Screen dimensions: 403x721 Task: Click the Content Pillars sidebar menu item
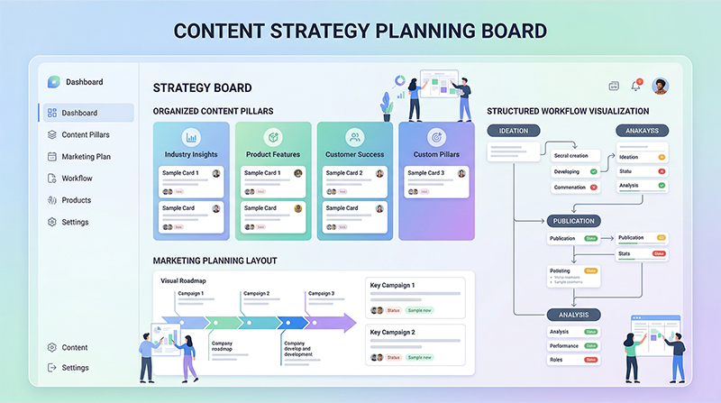tap(86, 135)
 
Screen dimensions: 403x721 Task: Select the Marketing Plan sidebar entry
tap(86, 157)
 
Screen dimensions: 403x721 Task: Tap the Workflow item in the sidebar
tap(77, 179)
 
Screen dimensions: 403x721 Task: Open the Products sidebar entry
tap(77, 200)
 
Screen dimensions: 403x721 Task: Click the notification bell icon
tap(636, 86)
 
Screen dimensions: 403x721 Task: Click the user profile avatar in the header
tap(661, 86)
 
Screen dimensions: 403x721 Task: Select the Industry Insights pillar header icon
tap(191, 138)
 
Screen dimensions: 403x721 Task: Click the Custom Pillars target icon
tap(436, 138)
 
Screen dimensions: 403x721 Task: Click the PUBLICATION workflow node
tap(573, 221)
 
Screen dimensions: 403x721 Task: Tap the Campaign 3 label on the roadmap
tap(321, 293)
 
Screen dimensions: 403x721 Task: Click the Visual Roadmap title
tap(183, 280)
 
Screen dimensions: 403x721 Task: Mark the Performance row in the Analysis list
tap(565, 345)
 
